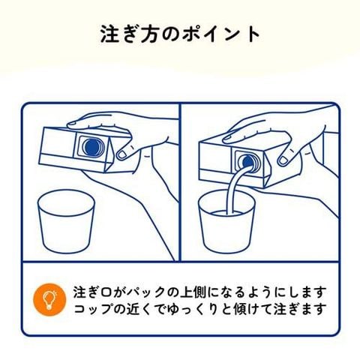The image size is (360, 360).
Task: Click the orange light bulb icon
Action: [x=50, y=300]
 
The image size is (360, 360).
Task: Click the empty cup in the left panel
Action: [x=66, y=221]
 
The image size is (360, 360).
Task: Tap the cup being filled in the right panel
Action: [x=227, y=221]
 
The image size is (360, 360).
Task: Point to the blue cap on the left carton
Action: [x=91, y=146]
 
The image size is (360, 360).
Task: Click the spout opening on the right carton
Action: [x=247, y=163]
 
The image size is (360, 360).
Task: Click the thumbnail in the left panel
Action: [x=122, y=154]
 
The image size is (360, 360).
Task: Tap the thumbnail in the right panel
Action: [x=283, y=160]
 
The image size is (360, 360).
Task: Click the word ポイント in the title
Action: [x=221, y=34]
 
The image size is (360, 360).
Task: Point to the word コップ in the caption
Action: [x=92, y=309]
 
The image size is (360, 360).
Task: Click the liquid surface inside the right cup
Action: [x=226, y=213]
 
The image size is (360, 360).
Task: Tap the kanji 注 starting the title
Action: [x=110, y=34]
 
